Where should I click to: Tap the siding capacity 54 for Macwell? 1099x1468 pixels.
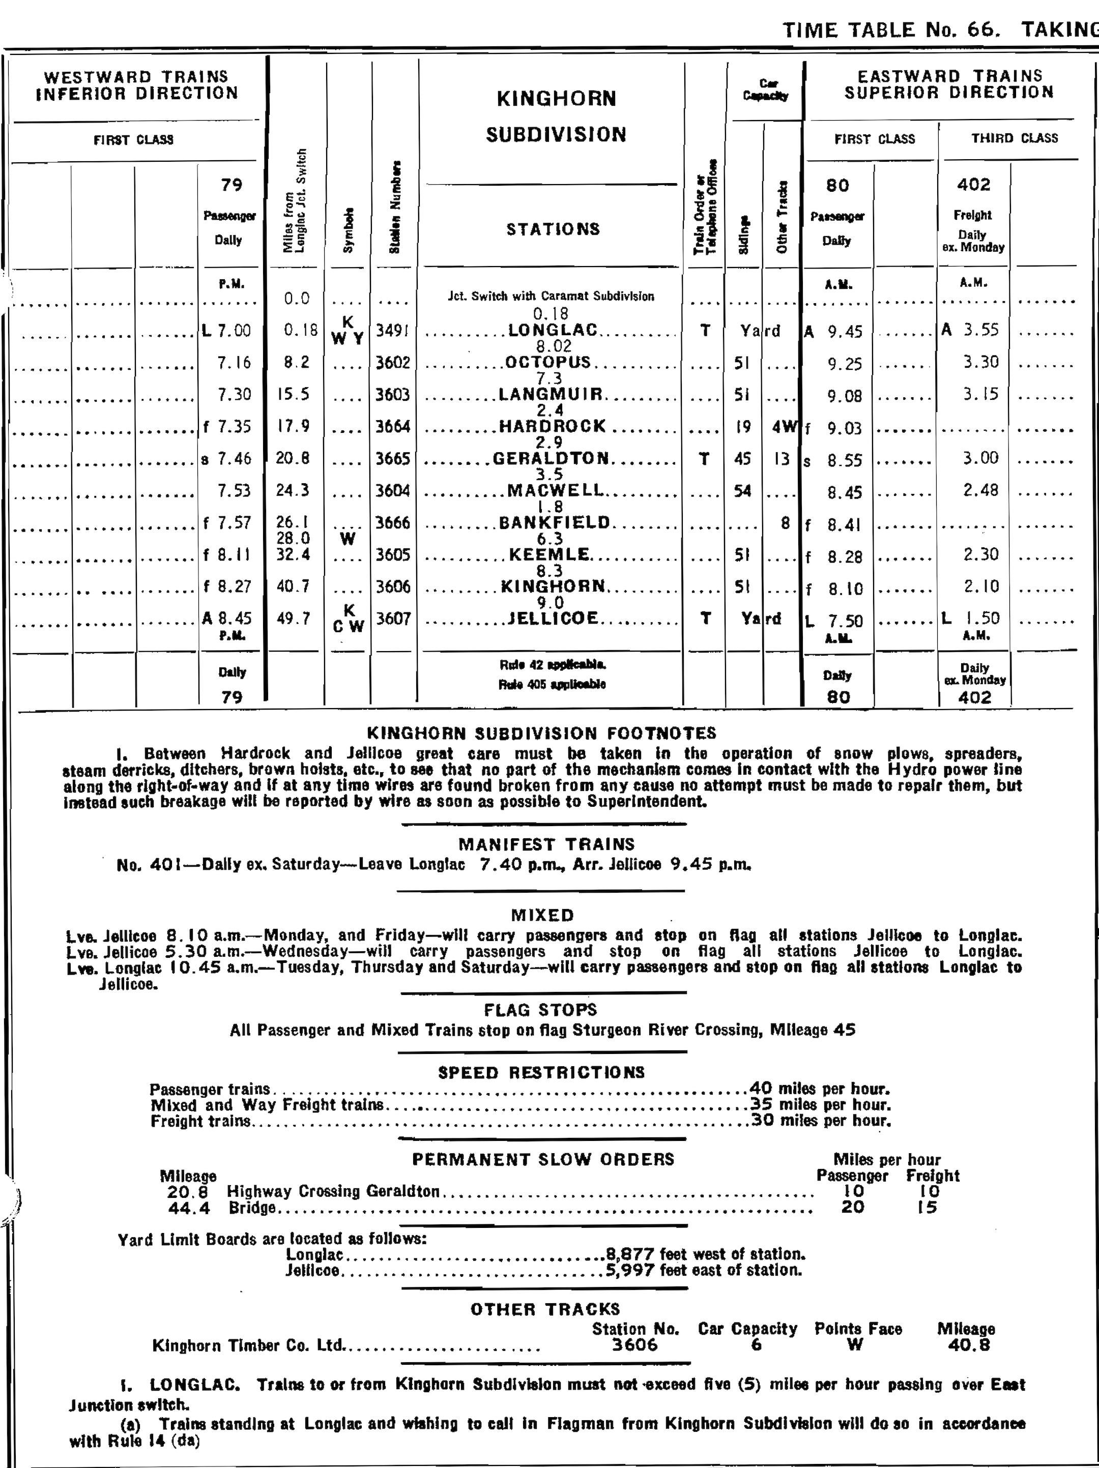pyautogui.click(x=743, y=490)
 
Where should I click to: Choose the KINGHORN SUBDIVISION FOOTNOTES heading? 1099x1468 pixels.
pyautogui.click(x=541, y=733)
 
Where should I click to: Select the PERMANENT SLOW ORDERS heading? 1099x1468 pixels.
pyautogui.click(x=543, y=1159)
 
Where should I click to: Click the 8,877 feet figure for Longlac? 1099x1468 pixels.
pyautogui.click(x=630, y=1254)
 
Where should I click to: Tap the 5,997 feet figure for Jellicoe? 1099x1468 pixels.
pyautogui.click(x=630, y=1270)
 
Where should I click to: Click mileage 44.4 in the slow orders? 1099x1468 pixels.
pyautogui.click(x=189, y=1209)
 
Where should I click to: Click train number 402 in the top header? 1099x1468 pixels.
pyautogui.click(x=973, y=185)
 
